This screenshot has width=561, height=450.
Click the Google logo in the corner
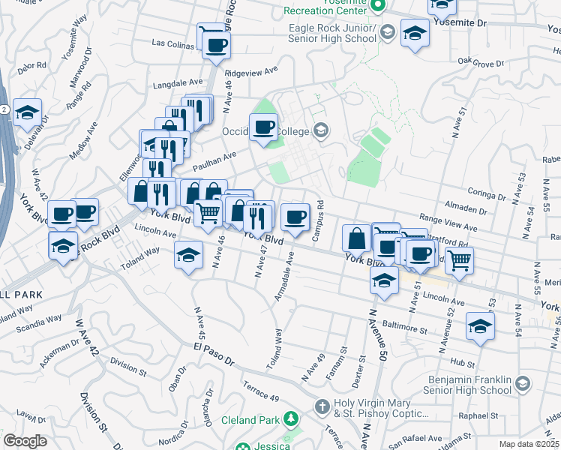click(25, 441)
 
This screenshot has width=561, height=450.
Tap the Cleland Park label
click(251, 420)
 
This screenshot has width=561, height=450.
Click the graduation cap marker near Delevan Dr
click(28, 113)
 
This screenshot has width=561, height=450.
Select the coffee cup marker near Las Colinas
click(215, 45)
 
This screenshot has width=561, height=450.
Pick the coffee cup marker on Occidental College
click(263, 127)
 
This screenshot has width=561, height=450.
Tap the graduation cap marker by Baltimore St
click(480, 326)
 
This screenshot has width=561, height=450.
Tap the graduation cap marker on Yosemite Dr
click(415, 34)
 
